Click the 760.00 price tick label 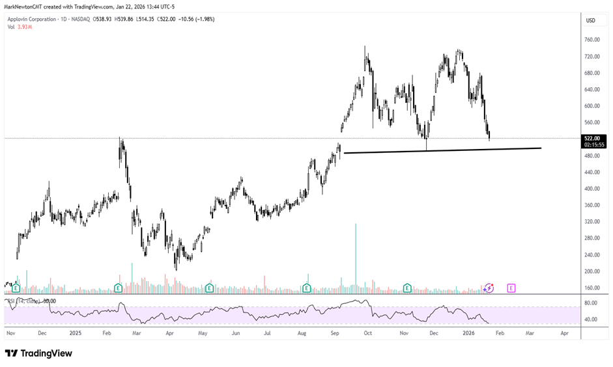(x=592, y=40)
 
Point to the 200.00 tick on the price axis (x=592, y=271)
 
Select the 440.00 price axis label (x=592, y=172)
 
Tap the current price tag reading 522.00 (x=592, y=138)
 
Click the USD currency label (x=591, y=20)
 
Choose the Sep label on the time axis (x=335, y=333)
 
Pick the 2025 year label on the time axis (x=76, y=333)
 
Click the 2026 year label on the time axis (x=468, y=333)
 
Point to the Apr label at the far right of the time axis (x=564, y=333)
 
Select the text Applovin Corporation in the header (x=33, y=19)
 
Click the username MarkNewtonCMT (x=25, y=6)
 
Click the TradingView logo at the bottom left (x=38, y=353)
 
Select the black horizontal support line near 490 (x=443, y=150)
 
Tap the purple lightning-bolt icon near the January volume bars (x=489, y=288)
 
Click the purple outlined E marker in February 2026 (x=511, y=288)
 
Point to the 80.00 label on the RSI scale (x=592, y=303)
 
